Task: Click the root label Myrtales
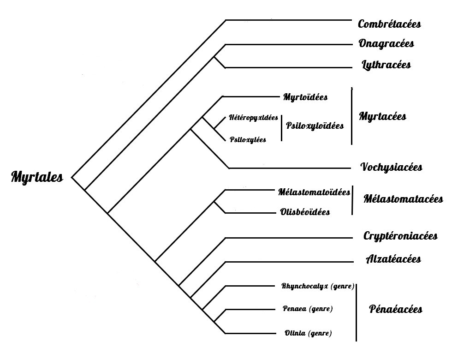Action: (37, 177)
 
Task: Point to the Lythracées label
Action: (387, 65)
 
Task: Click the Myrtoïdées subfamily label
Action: (305, 97)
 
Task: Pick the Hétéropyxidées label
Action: (253, 118)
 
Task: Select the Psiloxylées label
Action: (248, 139)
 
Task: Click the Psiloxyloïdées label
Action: (315, 126)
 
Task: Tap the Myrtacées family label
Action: (382, 116)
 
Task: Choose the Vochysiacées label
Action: (391, 167)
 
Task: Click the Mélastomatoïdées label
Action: (314, 192)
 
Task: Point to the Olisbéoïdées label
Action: (305, 212)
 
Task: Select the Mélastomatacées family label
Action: (403, 199)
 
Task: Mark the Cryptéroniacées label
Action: (400, 236)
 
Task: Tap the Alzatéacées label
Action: (393, 259)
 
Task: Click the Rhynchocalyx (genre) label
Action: (318, 286)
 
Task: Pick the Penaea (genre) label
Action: (308, 308)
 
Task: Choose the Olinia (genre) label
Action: (308, 333)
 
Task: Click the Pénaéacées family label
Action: (396, 309)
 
